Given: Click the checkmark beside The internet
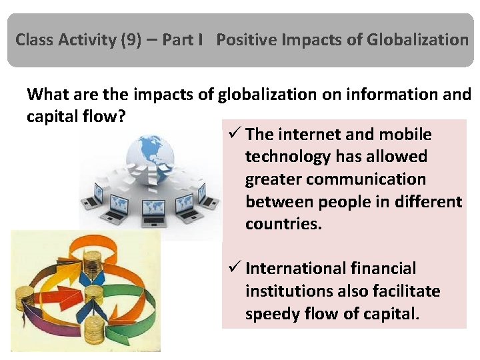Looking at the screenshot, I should click(x=233, y=135).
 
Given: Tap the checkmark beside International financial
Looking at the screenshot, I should click(x=233, y=269).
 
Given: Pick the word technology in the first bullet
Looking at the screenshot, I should click(x=287, y=157).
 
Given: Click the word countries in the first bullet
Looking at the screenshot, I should click(x=283, y=223).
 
